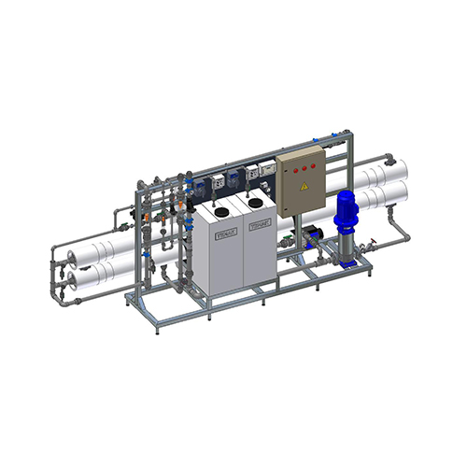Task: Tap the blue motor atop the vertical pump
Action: (x=347, y=211)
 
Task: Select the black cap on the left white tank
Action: (x=223, y=212)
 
